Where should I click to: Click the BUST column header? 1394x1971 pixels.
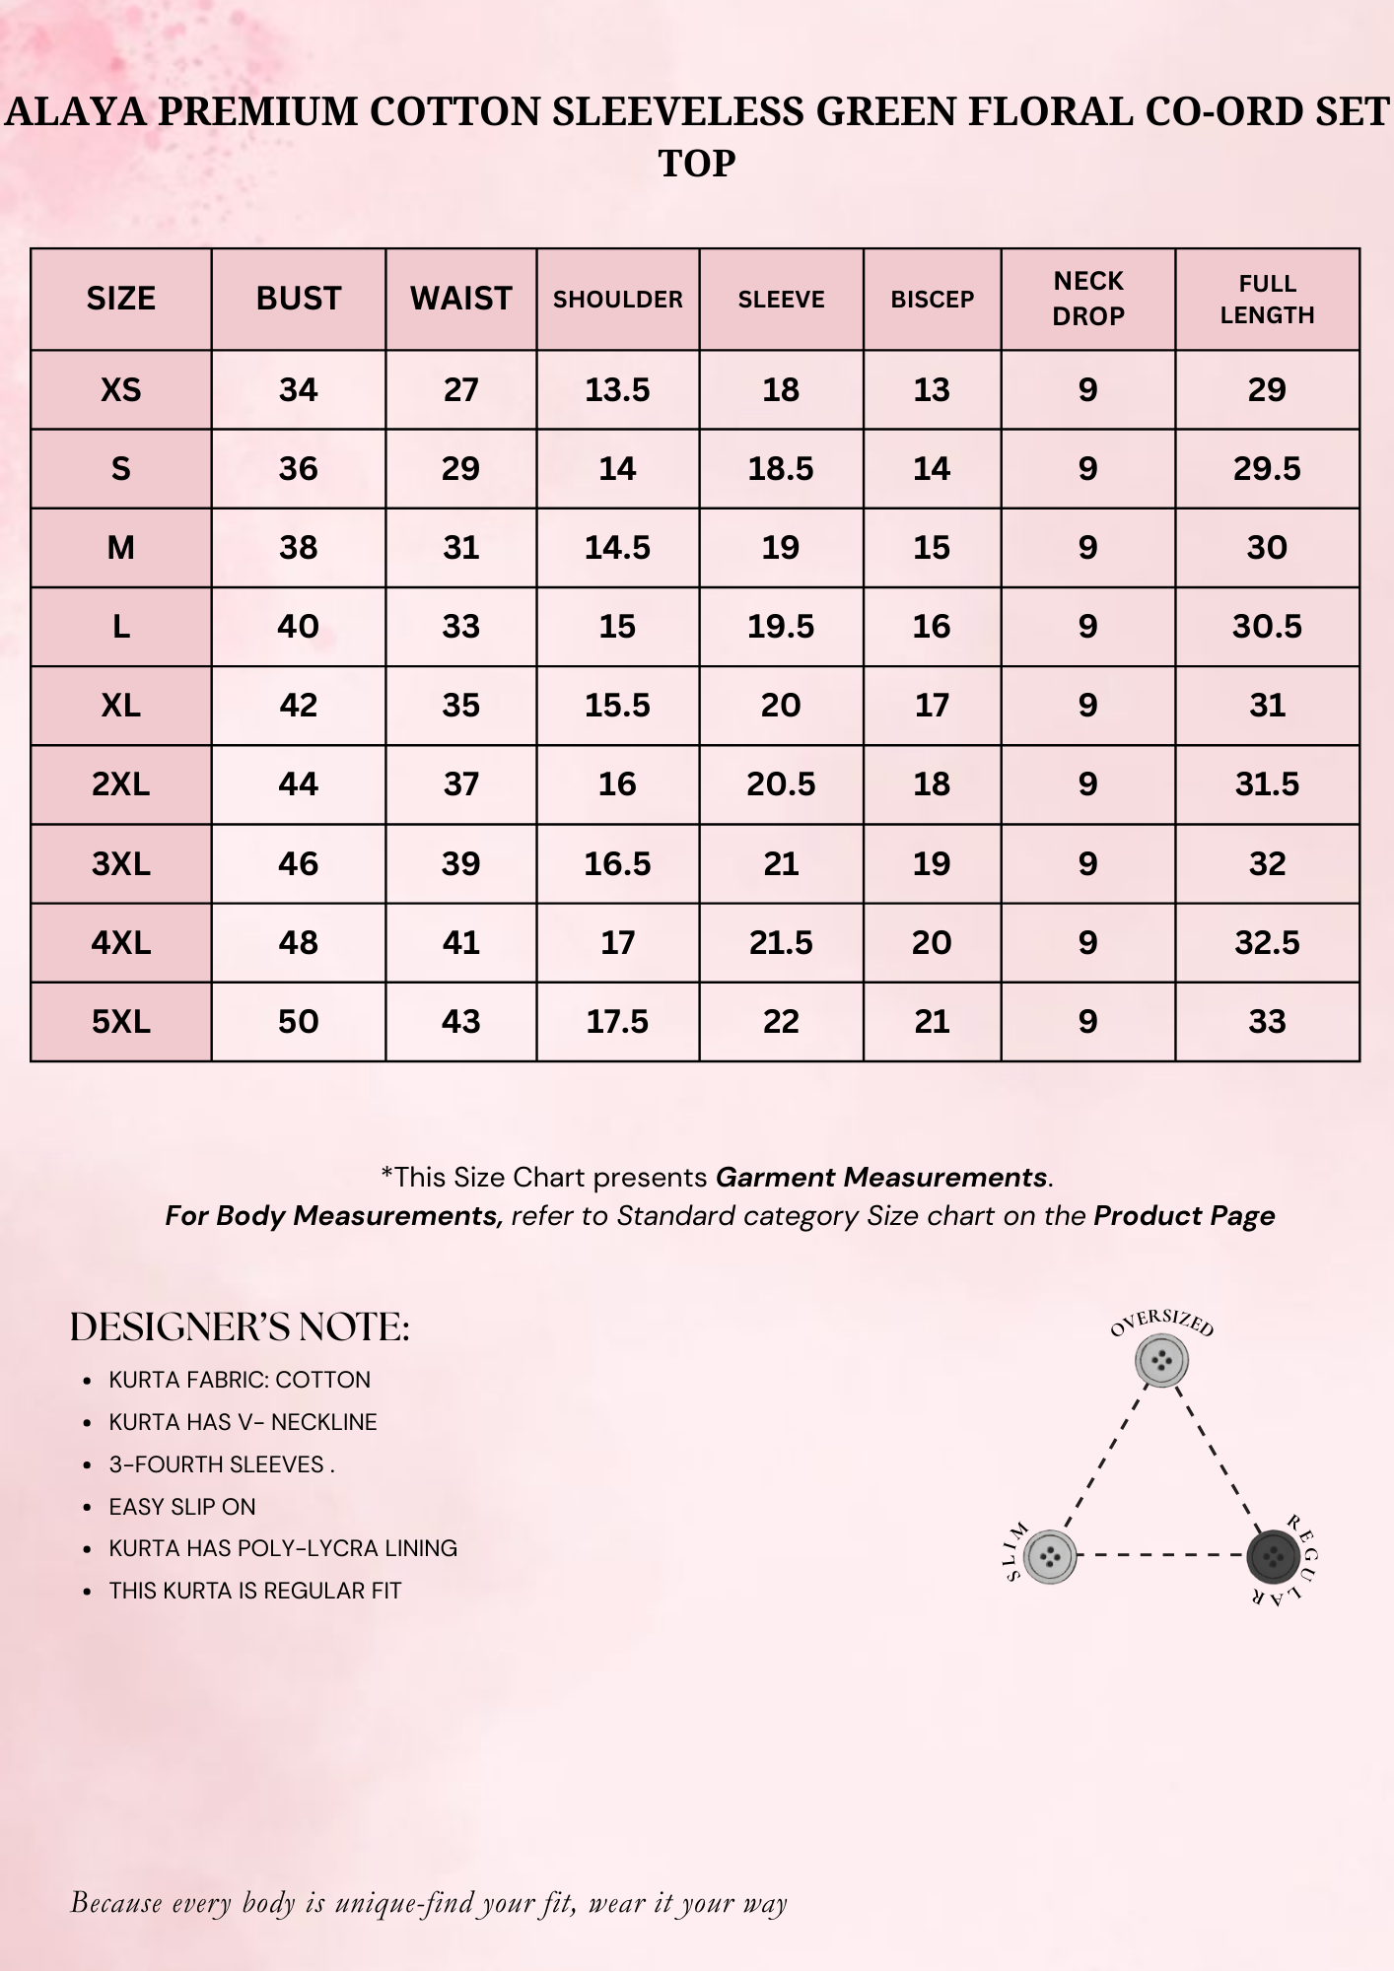point(298,299)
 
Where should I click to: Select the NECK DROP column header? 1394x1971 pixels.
point(1088,299)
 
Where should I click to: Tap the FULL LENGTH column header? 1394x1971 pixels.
point(1267,299)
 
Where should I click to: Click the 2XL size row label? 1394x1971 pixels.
point(121,784)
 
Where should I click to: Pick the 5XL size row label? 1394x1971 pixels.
point(121,1021)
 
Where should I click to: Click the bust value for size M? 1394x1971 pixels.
point(298,548)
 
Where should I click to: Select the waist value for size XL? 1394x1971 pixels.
point(460,706)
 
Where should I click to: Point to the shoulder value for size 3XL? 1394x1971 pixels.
point(617,863)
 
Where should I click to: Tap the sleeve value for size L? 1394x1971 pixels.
point(781,627)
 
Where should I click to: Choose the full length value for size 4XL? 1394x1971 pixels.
point(1267,942)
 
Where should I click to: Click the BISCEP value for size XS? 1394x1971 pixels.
point(932,390)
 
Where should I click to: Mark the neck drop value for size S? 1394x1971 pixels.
point(1087,469)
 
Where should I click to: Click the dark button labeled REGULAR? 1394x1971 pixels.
point(1273,1557)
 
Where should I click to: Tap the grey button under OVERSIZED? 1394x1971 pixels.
point(1161,1361)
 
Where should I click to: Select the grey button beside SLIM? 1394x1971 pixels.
point(1050,1557)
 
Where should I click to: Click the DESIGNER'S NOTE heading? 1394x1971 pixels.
point(240,1327)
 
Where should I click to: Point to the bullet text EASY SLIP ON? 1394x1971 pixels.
point(182,1507)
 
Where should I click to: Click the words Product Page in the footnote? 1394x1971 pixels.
point(1184,1216)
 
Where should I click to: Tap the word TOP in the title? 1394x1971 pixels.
point(697,164)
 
